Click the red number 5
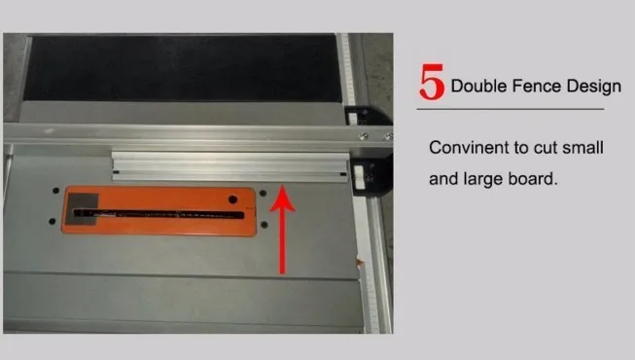click(x=432, y=82)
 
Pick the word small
click(x=582, y=148)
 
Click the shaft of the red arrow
click(x=283, y=242)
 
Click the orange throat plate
click(x=159, y=211)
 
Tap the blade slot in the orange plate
click(x=159, y=214)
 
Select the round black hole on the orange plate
click(x=232, y=199)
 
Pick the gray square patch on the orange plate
click(x=83, y=208)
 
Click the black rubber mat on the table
click(x=182, y=68)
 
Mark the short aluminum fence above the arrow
click(x=230, y=166)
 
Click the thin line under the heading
click(x=511, y=109)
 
